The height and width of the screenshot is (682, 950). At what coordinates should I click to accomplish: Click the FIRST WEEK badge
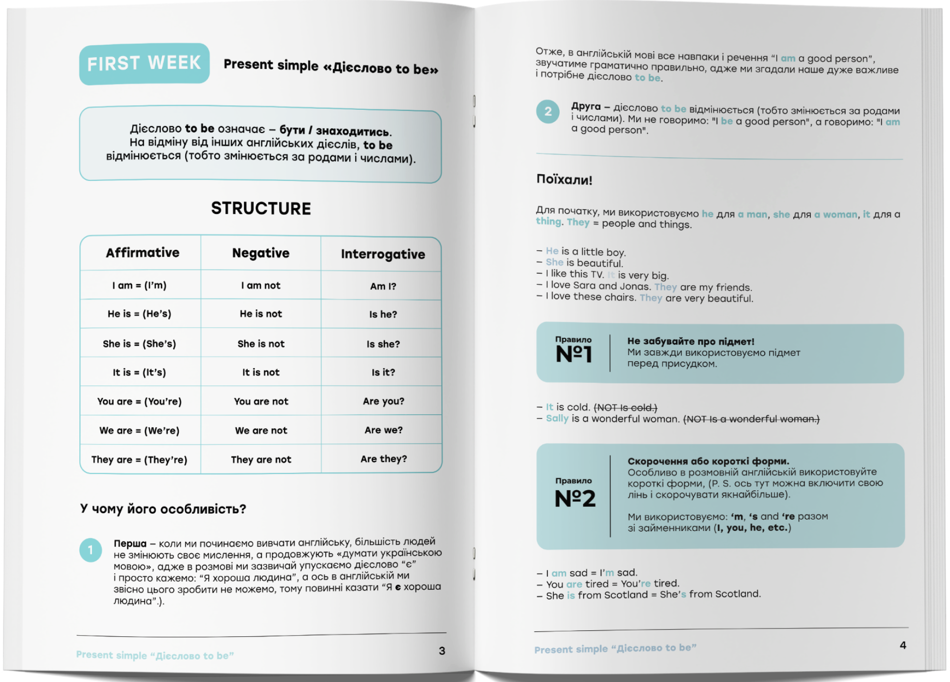[x=144, y=64]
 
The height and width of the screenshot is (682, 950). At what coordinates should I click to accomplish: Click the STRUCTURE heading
[x=261, y=208]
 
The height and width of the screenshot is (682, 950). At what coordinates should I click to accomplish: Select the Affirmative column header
[x=143, y=253]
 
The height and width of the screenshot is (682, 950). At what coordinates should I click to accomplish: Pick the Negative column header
[x=261, y=253]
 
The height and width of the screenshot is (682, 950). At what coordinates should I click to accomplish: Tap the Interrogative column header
[x=383, y=254]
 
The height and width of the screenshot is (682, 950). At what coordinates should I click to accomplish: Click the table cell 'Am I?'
[x=383, y=286]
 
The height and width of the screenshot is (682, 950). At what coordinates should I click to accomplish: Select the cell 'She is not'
[x=261, y=344]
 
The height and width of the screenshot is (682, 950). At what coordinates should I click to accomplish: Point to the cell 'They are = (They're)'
[x=140, y=459]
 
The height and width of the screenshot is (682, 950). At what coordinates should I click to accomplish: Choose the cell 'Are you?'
[x=383, y=401]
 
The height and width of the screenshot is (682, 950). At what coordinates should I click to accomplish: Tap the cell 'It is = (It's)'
[x=140, y=373]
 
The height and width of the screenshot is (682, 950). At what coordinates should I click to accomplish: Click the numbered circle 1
[x=90, y=550]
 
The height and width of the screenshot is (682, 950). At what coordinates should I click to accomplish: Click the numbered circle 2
[x=548, y=111]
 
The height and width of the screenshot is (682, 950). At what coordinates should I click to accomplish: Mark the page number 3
[x=442, y=651]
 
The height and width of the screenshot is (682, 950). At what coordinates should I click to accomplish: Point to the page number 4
[x=903, y=645]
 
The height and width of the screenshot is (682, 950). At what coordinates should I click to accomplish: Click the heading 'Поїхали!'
[x=564, y=180]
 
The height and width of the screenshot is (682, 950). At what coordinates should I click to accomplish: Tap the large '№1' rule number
[x=574, y=354]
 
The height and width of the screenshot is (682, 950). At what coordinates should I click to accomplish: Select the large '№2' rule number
[x=575, y=498]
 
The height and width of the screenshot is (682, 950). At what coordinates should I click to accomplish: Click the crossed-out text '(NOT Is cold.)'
[x=625, y=408]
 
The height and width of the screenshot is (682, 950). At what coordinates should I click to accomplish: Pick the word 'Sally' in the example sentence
[x=557, y=418]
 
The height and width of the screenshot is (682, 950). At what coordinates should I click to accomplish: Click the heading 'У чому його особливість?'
[x=163, y=509]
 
